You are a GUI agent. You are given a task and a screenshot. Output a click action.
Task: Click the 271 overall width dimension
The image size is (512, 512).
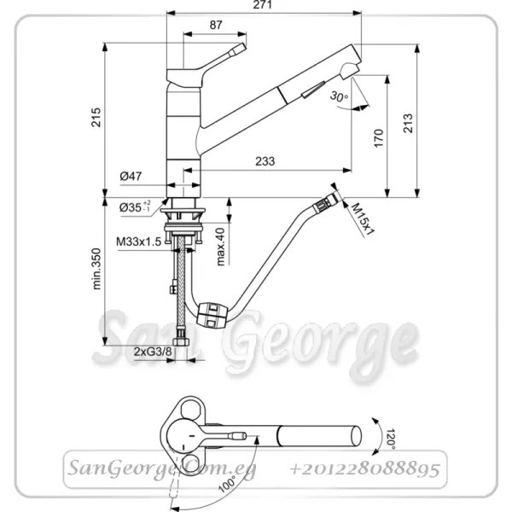tap(263, 4)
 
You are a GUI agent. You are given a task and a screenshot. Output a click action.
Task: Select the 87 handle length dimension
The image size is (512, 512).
tap(216, 25)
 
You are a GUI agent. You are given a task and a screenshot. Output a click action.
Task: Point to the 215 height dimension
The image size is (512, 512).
tap(96, 117)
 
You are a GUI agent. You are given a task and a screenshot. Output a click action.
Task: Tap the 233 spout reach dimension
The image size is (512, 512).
tap(265, 161)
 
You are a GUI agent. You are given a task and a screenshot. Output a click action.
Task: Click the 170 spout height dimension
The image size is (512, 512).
tap(378, 138)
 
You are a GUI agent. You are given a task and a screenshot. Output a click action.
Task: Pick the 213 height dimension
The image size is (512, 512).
tap(408, 123)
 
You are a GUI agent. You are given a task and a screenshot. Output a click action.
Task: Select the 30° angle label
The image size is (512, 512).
tap(339, 96)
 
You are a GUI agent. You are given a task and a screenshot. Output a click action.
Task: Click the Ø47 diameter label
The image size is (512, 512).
tap(131, 177)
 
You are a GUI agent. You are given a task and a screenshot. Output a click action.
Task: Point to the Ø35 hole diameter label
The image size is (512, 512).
tap(135, 207)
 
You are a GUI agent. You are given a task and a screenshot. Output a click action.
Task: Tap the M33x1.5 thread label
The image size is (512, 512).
tap(139, 241)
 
